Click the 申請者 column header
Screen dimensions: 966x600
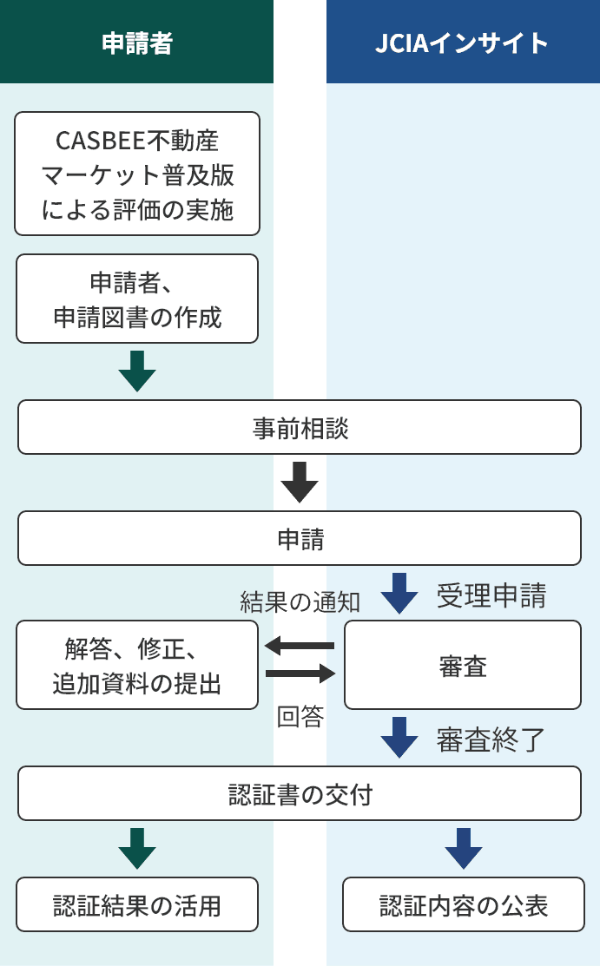[136, 42]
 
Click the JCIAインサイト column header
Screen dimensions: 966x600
[463, 42]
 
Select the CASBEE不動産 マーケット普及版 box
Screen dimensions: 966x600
[137, 174]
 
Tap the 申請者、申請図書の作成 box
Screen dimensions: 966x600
[137, 299]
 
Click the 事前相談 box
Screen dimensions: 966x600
[300, 427]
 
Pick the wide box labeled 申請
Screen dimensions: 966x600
[300, 538]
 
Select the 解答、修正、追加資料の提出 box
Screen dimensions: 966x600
[137, 665]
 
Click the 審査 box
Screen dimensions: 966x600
[463, 665]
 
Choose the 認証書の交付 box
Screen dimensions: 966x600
[300, 793]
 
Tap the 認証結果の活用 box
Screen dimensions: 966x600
[137, 904]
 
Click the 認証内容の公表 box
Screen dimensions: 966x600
[464, 904]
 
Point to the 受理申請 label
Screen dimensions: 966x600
[491, 596]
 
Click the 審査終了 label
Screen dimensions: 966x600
[491, 739]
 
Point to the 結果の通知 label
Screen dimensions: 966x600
[300, 601]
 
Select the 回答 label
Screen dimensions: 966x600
[300, 717]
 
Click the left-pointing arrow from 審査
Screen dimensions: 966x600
[299, 646]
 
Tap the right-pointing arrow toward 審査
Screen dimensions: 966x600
[300, 674]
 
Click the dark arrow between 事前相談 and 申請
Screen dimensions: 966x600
[300, 483]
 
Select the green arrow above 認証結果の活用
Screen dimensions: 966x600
[137, 848]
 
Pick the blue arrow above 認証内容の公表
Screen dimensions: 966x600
[464, 848]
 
